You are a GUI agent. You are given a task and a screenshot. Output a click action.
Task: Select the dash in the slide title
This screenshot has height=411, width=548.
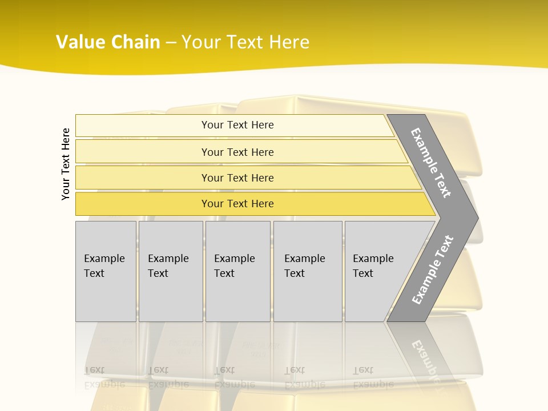tap(171, 43)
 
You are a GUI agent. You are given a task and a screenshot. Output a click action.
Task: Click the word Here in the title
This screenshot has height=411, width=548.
tap(289, 42)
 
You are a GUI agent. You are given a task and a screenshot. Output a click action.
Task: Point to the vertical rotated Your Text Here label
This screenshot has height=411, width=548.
tap(66, 164)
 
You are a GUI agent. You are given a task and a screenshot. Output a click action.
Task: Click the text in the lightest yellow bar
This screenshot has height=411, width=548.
tap(237, 125)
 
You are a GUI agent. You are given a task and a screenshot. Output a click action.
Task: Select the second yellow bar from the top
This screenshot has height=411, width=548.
tap(237, 152)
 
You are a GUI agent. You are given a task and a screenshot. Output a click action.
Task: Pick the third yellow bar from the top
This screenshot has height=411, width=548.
tap(237, 178)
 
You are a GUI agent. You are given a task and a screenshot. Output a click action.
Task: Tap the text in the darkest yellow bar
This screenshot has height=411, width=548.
tap(237, 204)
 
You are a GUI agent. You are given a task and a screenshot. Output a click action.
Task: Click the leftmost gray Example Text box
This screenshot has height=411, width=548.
tap(106, 271)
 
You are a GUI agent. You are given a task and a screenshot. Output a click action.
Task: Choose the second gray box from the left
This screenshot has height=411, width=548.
tap(171, 271)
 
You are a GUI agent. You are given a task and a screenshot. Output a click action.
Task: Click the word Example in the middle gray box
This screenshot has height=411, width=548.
tap(234, 259)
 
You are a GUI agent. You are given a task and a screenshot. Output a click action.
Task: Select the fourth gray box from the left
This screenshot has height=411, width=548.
tap(307, 271)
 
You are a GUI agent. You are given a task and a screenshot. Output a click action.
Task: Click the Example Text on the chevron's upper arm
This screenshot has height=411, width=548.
tap(431, 163)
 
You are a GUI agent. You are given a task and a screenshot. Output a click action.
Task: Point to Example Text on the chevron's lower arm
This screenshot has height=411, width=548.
tap(433, 269)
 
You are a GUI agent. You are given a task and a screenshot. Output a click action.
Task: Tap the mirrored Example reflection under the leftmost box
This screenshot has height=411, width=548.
tap(104, 384)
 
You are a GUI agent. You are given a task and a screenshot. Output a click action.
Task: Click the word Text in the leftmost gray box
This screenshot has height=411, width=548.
tap(94, 273)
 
